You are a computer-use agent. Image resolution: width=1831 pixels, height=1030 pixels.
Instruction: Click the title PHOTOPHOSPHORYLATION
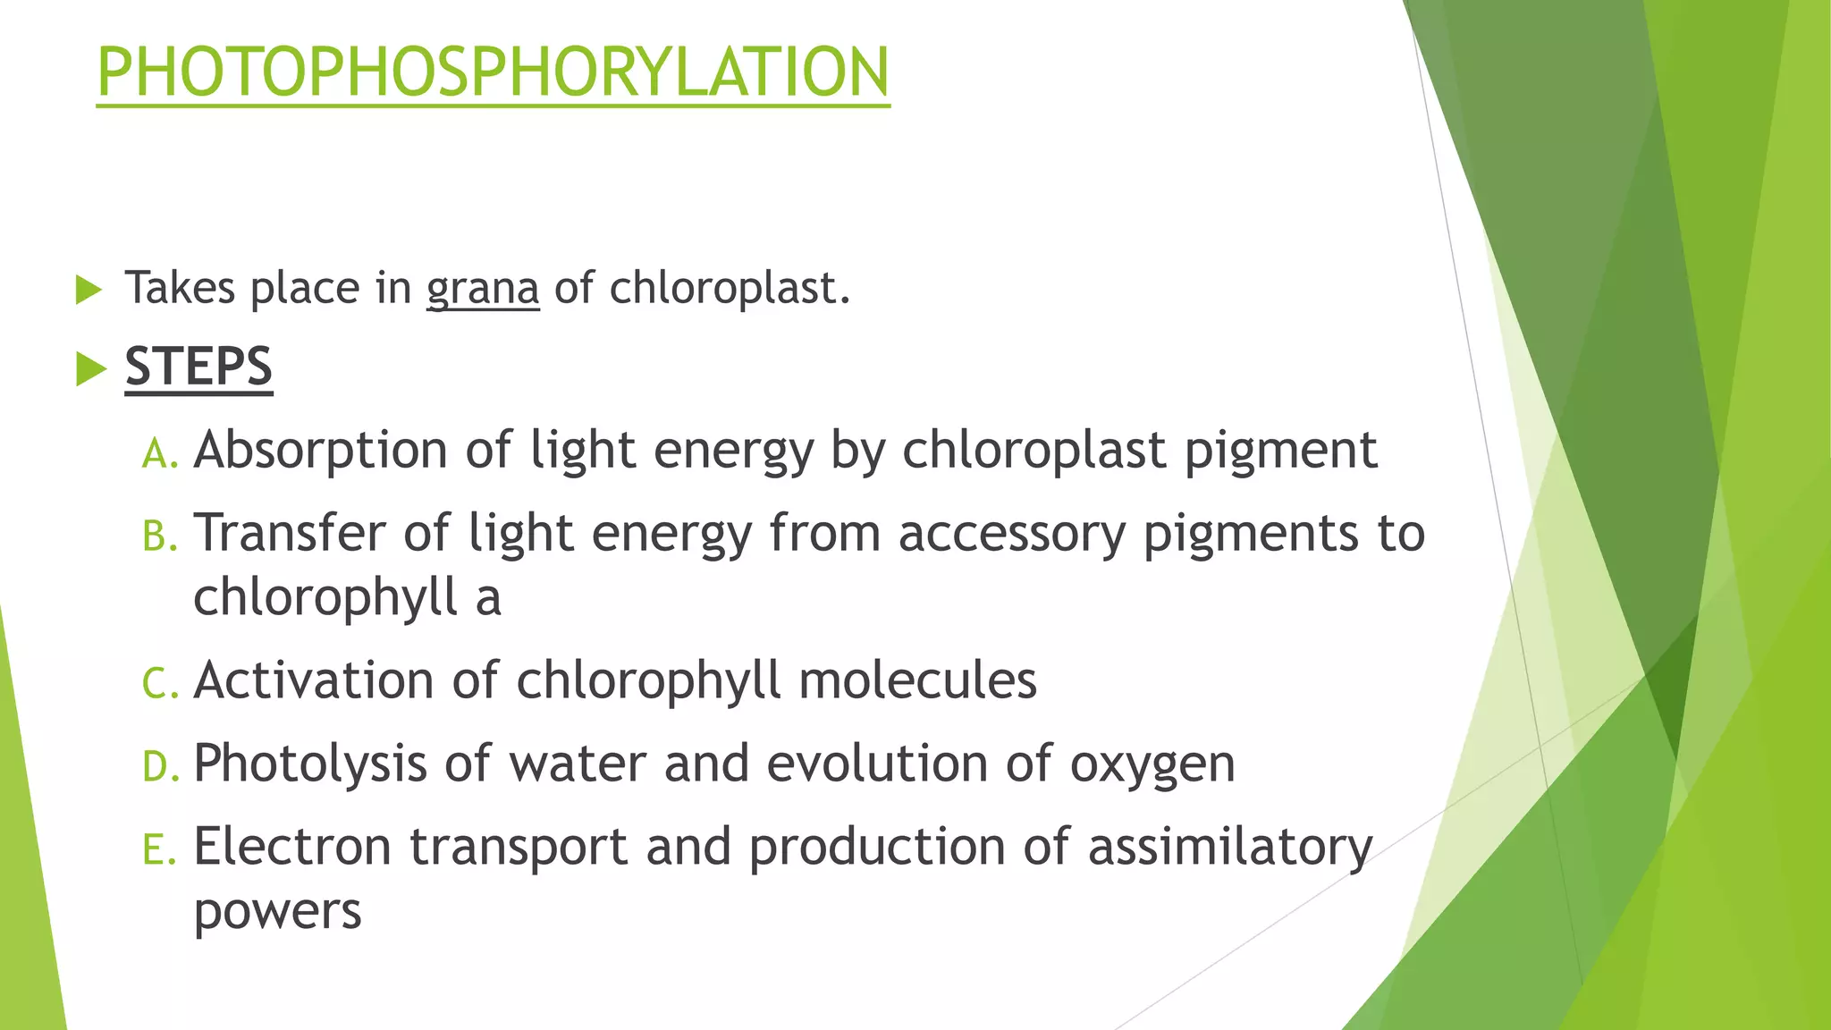click(x=493, y=72)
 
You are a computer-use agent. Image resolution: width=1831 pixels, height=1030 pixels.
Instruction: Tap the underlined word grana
click(x=483, y=289)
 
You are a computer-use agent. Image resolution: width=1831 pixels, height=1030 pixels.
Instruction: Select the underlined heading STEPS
click(x=198, y=367)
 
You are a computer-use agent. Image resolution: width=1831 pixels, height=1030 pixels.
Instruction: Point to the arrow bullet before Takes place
click(x=89, y=290)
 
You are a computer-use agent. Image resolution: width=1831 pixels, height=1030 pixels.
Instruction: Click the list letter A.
click(x=160, y=453)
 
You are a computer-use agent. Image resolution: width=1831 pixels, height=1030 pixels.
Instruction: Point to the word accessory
click(x=1011, y=534)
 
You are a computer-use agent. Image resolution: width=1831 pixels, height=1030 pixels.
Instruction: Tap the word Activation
click(x=313, y=680)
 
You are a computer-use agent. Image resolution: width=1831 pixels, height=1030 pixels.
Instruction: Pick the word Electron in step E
click(x=292, y=847)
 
